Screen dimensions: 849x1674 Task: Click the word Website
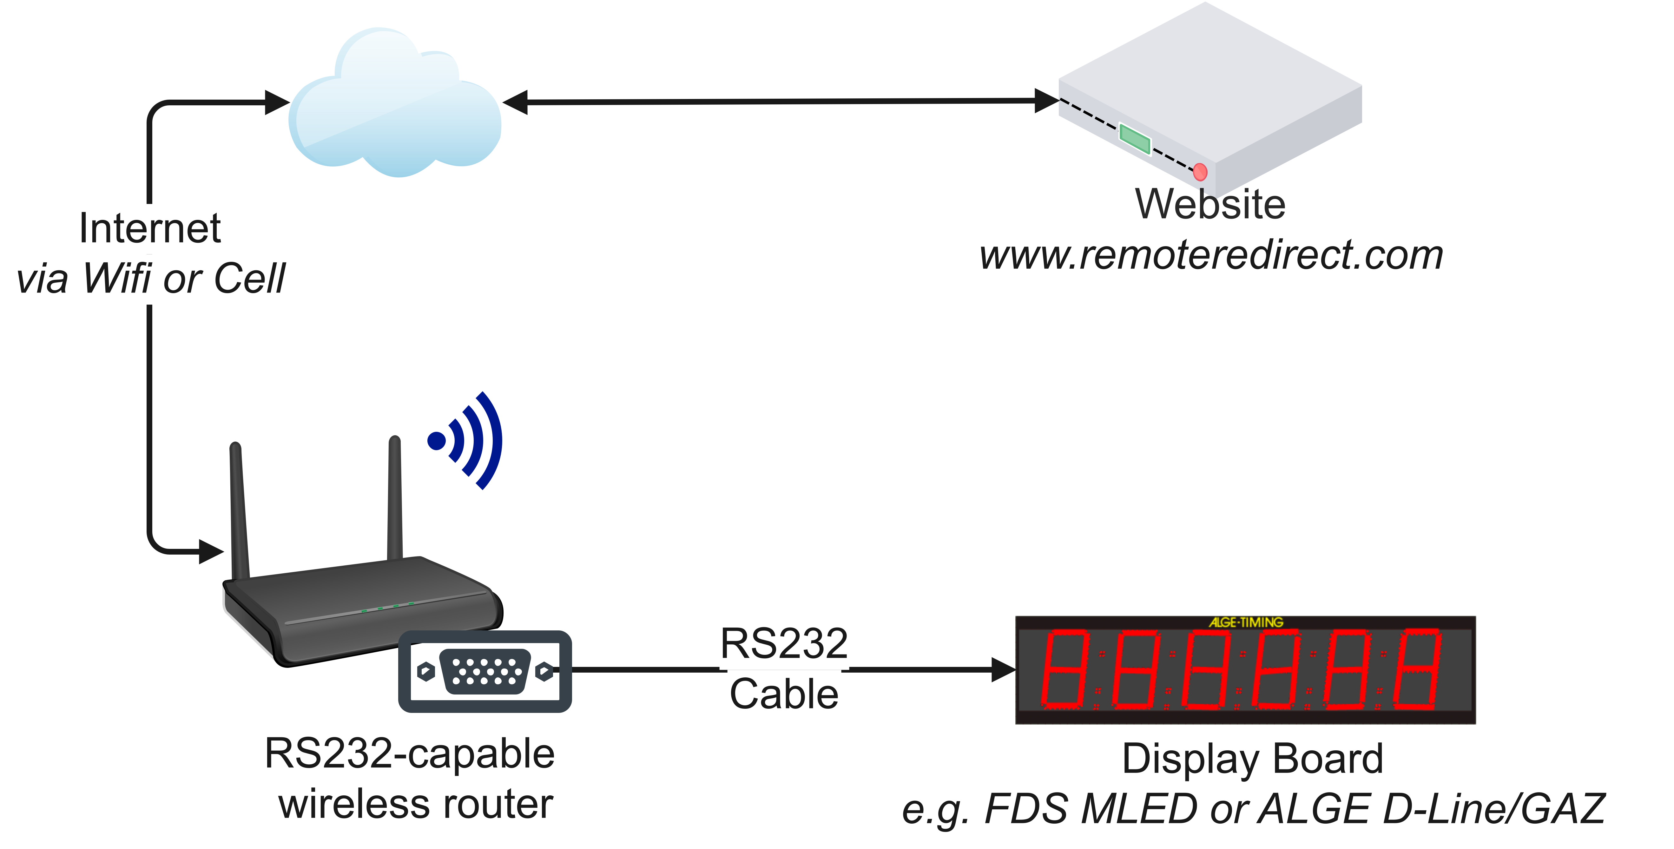tap(1210, 204)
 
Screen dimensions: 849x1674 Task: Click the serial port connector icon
tap(485, 671)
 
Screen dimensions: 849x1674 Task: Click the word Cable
tap(784, 694)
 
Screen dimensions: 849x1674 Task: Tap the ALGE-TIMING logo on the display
tap(1246, 622)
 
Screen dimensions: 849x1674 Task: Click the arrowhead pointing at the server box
tap(1046, 101)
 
